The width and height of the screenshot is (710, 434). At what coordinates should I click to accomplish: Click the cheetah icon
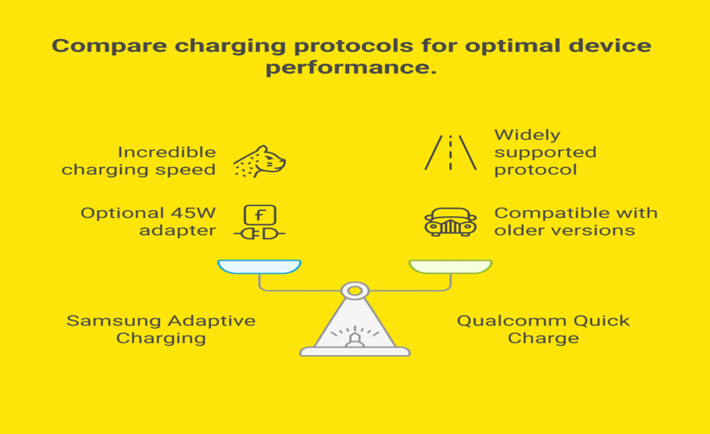(x=259, y=162)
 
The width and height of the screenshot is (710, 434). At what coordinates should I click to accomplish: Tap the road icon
(x=451, y=153)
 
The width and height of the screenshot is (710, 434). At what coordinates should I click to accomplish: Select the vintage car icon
(x=451, y=222)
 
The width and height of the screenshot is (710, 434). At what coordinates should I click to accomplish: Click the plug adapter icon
(x=259, y=223)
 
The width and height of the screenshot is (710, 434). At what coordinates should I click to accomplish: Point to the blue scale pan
(x=259, y=267)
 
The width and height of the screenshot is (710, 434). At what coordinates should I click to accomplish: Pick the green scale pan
(x=451, y=267)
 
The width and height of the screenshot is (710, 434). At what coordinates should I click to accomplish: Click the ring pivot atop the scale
(x=355, y=290)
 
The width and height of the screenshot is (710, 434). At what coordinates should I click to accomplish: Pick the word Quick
(x=603, y=322)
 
